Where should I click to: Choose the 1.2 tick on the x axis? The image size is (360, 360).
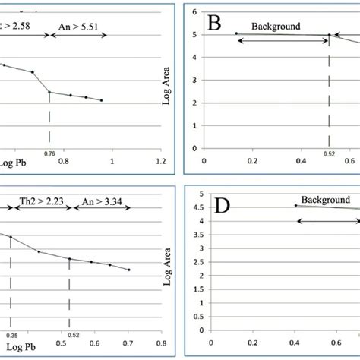pyautogui.click(x=160, y=162)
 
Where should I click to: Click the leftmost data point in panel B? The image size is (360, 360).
pyautogui.click(x=236, y=33)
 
